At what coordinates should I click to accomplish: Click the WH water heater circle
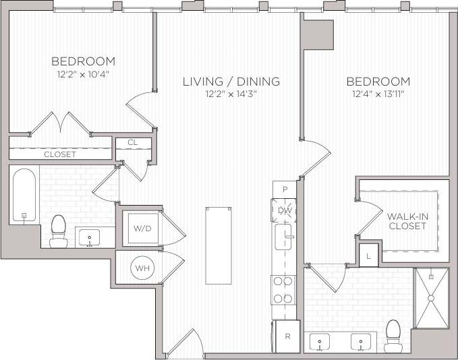click(x=142, y=268)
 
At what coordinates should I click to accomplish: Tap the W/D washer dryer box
click(x=142, y=229)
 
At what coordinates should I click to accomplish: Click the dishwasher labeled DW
click(x=285, y=211)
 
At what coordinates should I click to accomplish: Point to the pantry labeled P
click(x=285, y=189)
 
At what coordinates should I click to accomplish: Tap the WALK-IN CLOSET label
click(x=407, y=221)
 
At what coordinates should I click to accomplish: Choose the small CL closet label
click(x=132, y=142)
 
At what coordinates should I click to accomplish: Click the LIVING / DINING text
click(x=231, y=82)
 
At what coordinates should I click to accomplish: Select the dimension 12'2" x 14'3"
click(x=231, y=94)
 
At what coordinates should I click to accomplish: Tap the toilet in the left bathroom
click(x=59, y=231)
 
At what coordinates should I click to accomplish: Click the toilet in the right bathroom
click(x=393, y=334)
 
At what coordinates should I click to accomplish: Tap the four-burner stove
click(x=284, y=290)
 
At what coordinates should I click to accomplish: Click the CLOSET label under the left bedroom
click(x=59, y=154)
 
